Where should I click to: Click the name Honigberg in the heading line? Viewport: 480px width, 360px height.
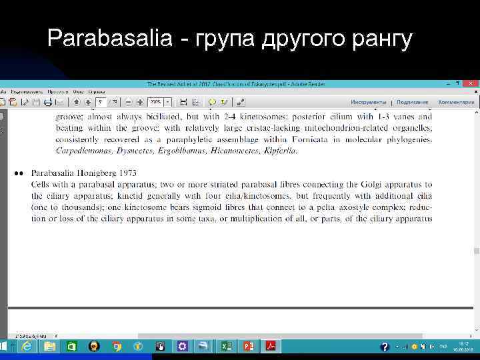pyautogui.click(x=99, y=173)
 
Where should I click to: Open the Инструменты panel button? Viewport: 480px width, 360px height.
pyautogui.click(x=369, y=102)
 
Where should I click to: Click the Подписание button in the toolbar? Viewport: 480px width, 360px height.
pyautogui.click(x=413, y=102)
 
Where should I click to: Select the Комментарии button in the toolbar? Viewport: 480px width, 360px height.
pyautogui.click(x=456, y=102)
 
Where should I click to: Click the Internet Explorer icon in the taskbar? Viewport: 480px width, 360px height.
pyautogui.click(x=27, y=347)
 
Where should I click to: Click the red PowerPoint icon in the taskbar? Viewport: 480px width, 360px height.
pyautogui.click(x=249, y=347)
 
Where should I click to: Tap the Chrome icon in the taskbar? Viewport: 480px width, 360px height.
pyautogui.click(x=117, y=347)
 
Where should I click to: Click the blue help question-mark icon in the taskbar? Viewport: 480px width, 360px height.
pyautogui.click(x=385, y=347)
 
